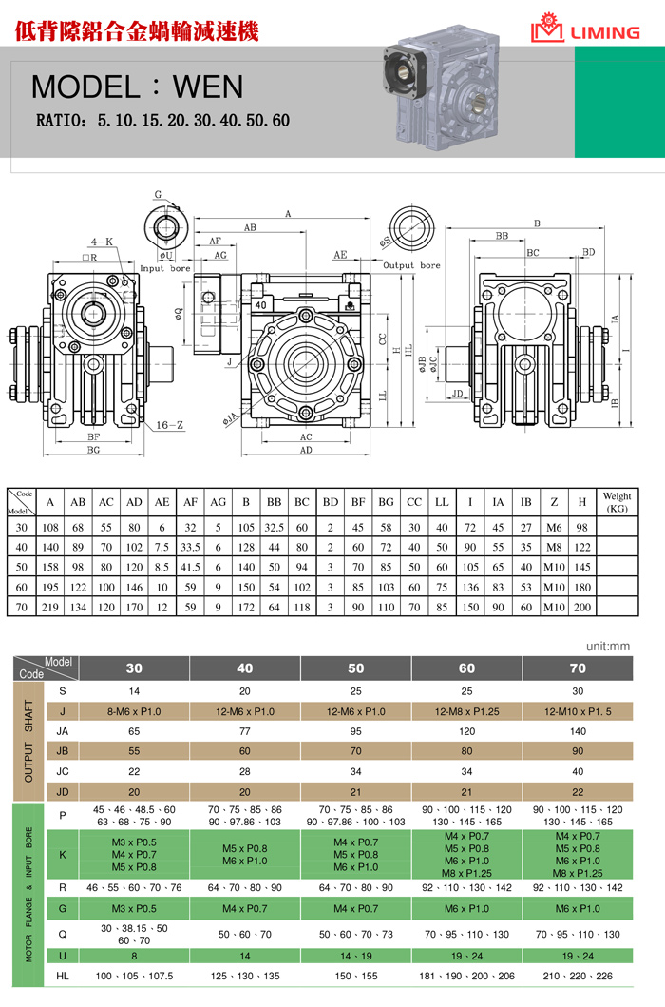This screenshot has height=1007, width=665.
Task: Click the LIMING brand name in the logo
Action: click(x=604, y=32)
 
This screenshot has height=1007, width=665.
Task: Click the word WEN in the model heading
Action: click(x=208, y=87)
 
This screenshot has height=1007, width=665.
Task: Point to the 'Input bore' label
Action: click(x=165, y=269)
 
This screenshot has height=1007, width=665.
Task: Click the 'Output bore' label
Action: click(x=411, y=265)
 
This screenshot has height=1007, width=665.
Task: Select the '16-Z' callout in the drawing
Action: click(x=170, y=425)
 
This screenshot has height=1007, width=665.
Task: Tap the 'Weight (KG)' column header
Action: click(x=617, y=501)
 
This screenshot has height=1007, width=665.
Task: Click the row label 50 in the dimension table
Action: click(x=21, y=564)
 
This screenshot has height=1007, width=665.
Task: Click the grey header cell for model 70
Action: click(x=578, y=668)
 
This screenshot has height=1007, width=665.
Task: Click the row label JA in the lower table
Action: click(x=63, y=731)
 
